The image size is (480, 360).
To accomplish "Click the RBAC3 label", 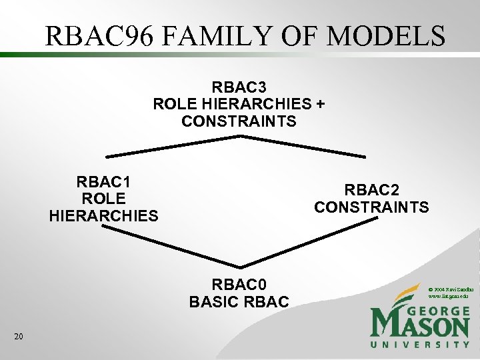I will pos(239,87).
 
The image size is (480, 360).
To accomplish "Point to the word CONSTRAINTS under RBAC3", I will pos(239,121).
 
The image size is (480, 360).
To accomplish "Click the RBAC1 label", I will pos(104,181).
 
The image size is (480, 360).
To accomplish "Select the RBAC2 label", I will pos(371,190).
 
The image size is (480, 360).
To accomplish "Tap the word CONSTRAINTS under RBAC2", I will pos(371,207).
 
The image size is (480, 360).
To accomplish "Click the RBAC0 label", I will pos(239,285).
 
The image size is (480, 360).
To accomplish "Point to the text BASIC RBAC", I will pos(239,302).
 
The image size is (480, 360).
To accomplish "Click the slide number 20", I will pos(19,337).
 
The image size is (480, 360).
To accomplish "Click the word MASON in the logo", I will pos(420,327).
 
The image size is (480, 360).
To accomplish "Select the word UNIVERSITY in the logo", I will pos(420,345).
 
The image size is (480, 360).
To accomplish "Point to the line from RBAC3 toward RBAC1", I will pos(173,147).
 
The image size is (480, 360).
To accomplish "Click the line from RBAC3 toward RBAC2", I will pos(303,147).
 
